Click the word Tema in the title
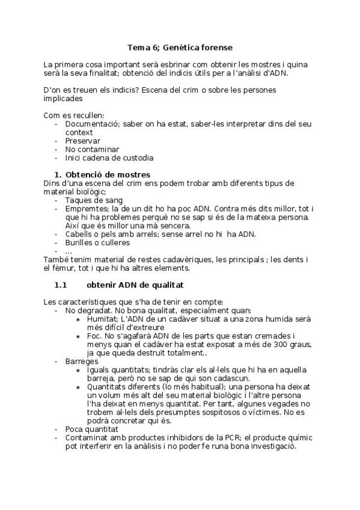click(138, 46)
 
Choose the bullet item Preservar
click(83, 141)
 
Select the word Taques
click(79, 200)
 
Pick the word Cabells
click(80, 234)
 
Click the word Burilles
click(79, 242)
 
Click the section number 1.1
click(63, 284)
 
